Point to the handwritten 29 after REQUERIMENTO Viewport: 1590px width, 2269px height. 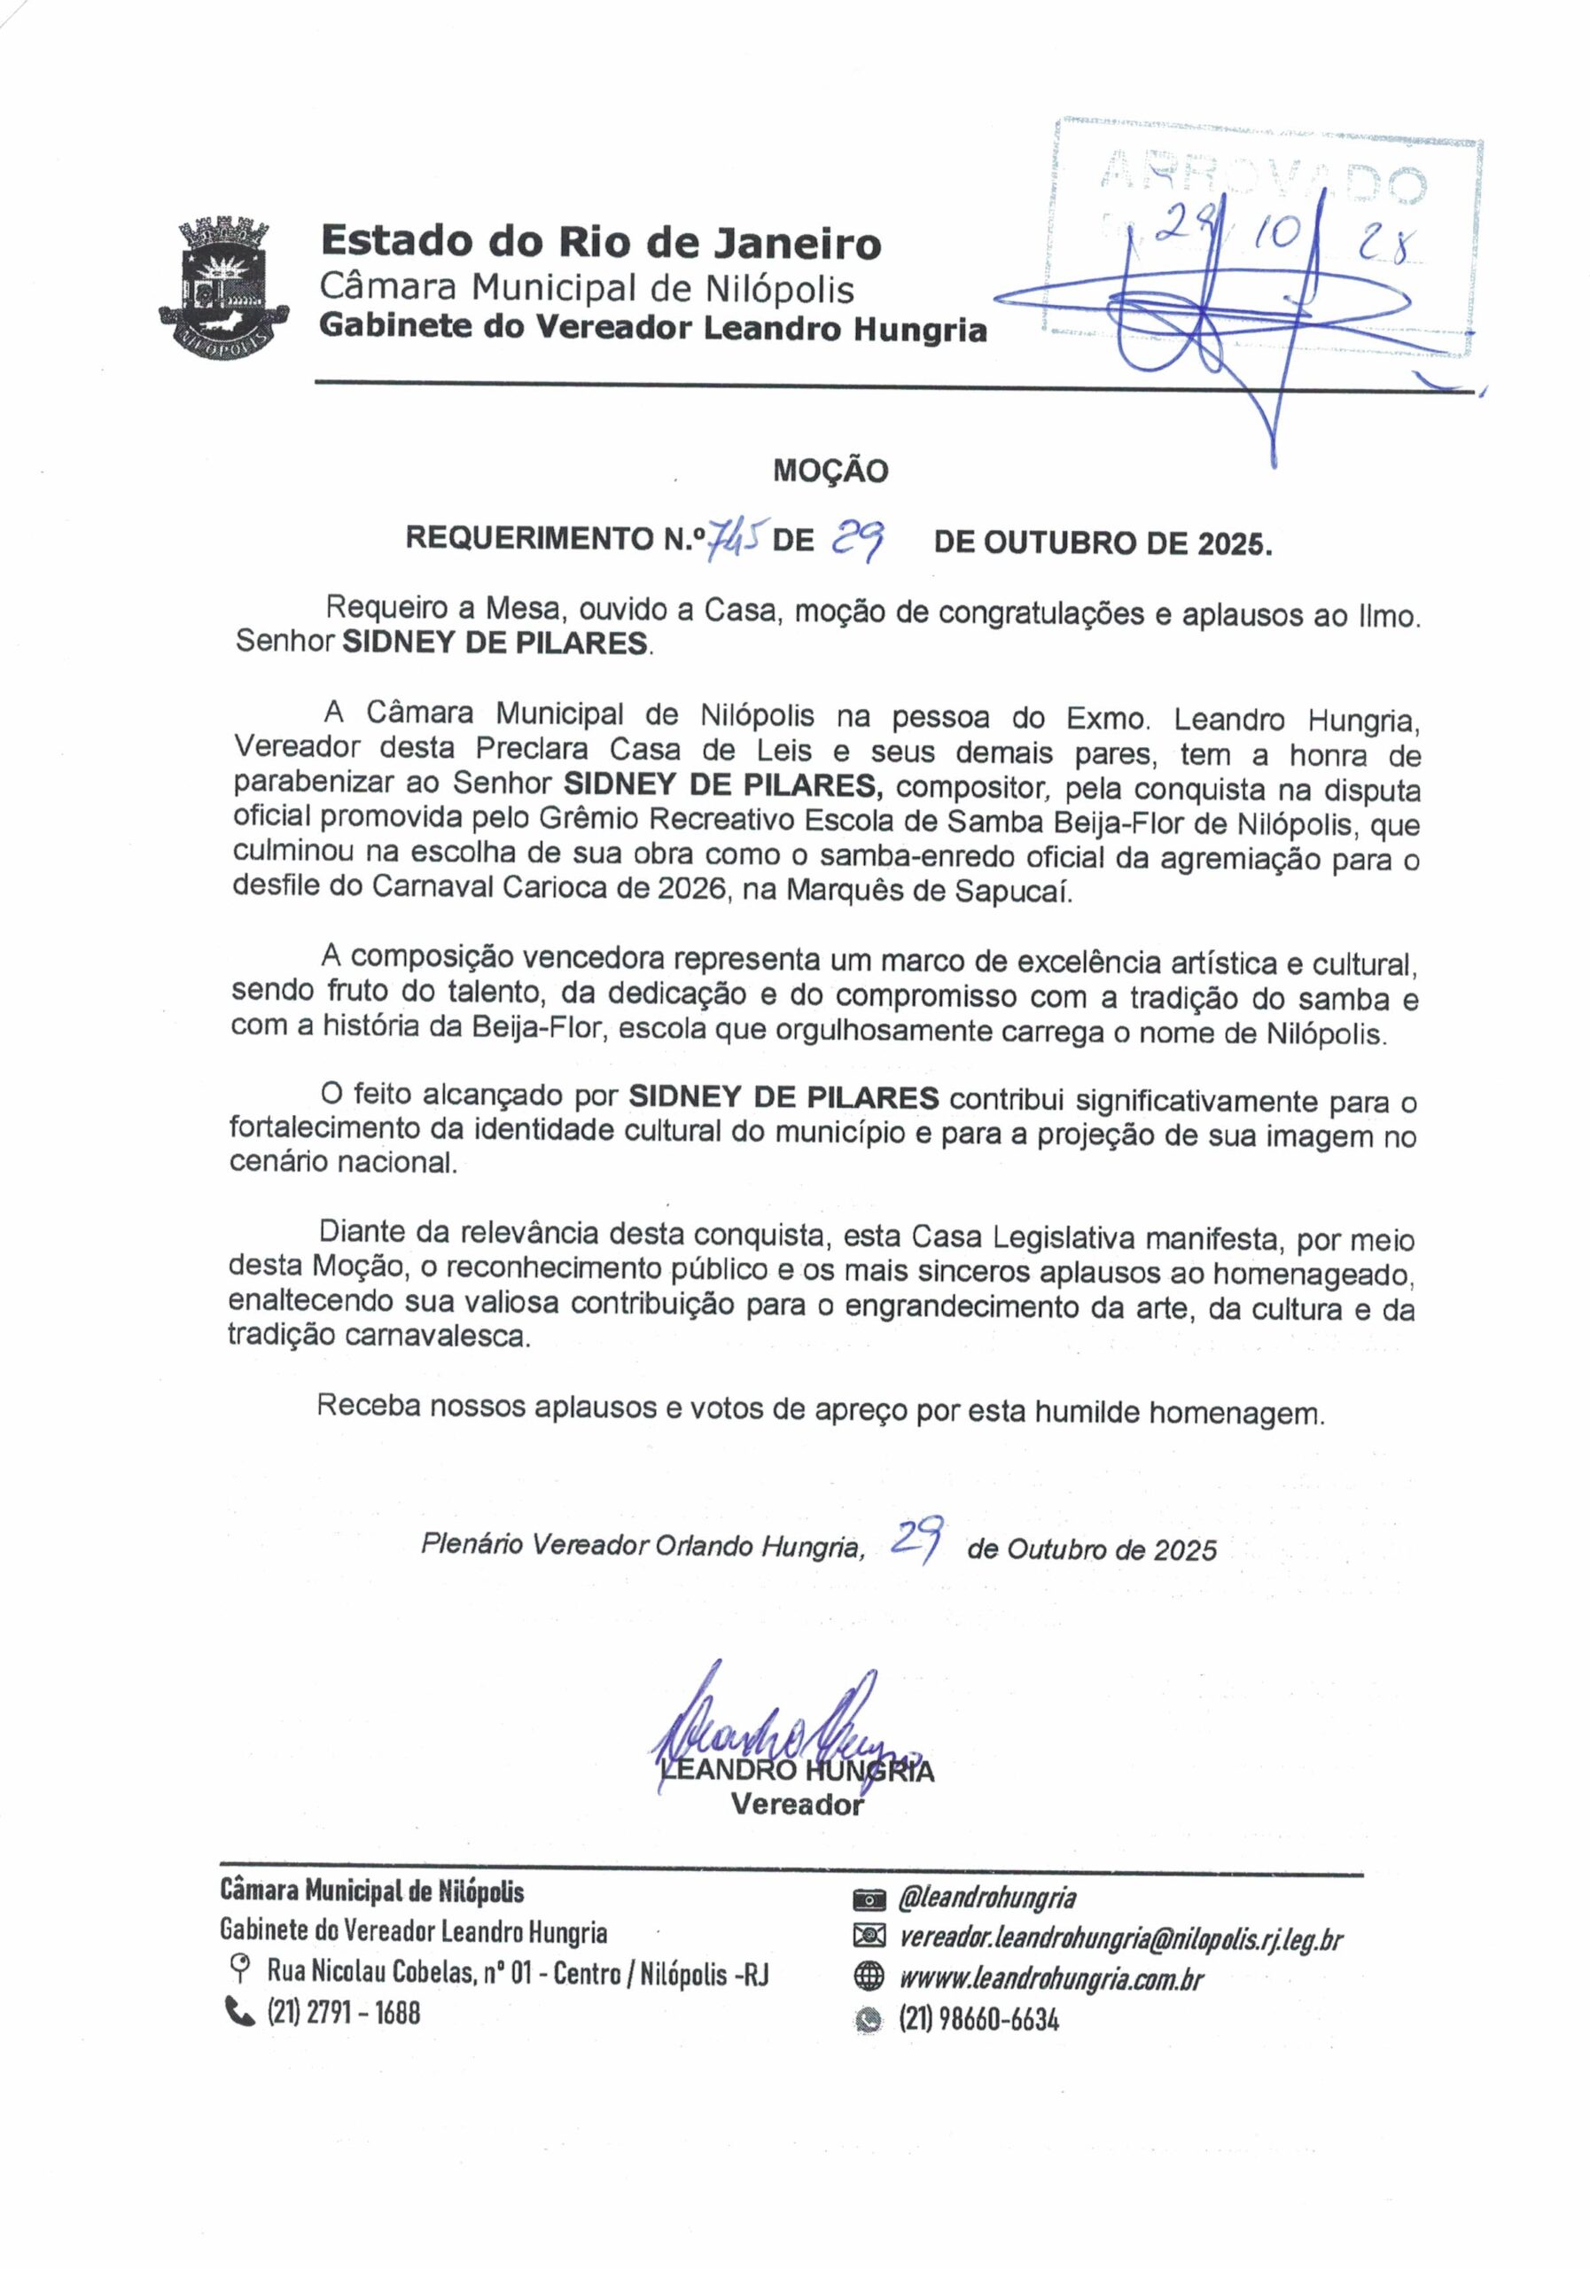857,539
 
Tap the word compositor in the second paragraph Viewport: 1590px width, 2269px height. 969,788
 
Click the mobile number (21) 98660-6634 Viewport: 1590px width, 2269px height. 978,2019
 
